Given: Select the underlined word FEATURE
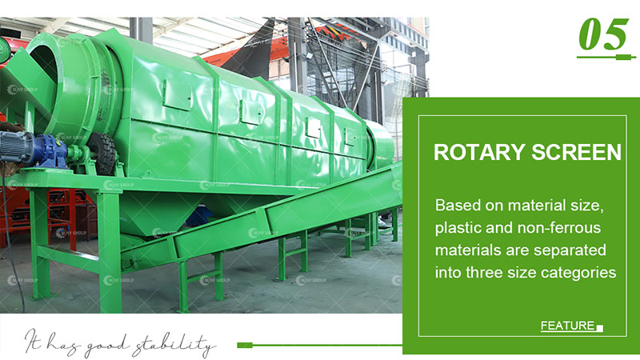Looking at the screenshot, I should [x=567, y=326].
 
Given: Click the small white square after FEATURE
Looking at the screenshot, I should [x=600, y=327].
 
